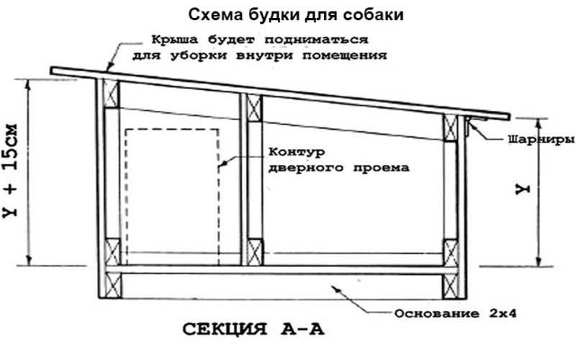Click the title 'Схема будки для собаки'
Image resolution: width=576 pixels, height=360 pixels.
point(296,14)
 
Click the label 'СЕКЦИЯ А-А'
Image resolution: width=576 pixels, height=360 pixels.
point(253,329)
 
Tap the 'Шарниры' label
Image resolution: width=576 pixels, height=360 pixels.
point(541,140)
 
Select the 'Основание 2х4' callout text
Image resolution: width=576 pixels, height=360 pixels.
point(456,314)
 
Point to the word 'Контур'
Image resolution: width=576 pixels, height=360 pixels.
point(297,152)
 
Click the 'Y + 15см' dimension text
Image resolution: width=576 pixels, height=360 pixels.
point(10,171)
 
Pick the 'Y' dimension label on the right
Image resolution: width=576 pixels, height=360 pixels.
point(523,189)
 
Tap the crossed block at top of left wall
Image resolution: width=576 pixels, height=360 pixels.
point(112,94)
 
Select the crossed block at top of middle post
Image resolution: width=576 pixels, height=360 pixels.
point(254,107)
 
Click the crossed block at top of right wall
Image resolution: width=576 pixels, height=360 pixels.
point(451,127)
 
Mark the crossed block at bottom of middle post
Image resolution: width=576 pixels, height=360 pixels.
point(255,252)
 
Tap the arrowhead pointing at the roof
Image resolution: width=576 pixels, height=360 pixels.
point(108,66)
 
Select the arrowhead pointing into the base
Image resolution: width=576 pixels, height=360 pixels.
point(335,287)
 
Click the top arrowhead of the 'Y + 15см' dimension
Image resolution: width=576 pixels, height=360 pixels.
point(27,84)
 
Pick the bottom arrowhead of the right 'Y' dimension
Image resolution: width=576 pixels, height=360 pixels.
point(539,261)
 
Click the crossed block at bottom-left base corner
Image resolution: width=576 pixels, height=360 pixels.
point(113,284)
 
